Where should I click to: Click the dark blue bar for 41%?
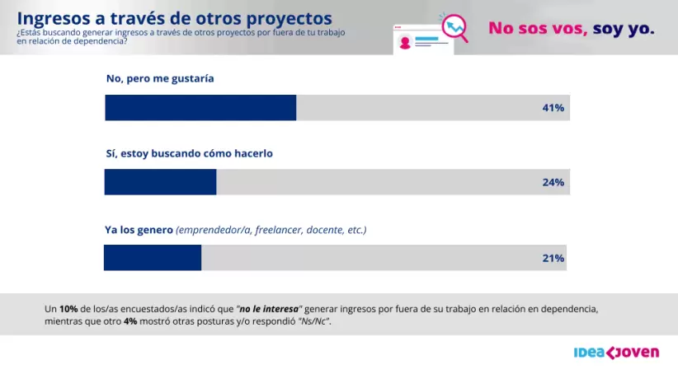pyautogui.click(x=200, y=108)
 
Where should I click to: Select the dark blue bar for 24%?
pyautogui.click(x=160, y=182)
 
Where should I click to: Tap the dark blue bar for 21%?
pyautogui.click(x=153, y=258)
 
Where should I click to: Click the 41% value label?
pyautogui.click(x=553, y=108)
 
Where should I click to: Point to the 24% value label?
pyautogui.click(x=553, y=182)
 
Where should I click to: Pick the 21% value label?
pyautogui.click(x=553, y=258)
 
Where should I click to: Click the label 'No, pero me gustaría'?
pyautogui.click(x=160, y=78)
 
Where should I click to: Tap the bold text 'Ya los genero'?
pyautogui.click(x=139, y=230)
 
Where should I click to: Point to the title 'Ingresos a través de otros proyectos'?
pyautogui.click(x=175, y=17)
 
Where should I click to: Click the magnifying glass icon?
pyautogui.click(x=454, y=28)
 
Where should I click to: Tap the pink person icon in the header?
pyautogui.click(x=404, y=43)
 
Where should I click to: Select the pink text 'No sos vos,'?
pyautogui.click(x=539, y=28)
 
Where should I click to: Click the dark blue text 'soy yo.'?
pyautogui.click(x=624, y=28)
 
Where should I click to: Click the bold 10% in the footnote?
pyautogui.click(x=69, y=308)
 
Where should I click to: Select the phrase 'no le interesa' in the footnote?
pyautogui.click(x=268, y=308)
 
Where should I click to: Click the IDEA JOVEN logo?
pyautogui.click(x=616, y=353)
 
